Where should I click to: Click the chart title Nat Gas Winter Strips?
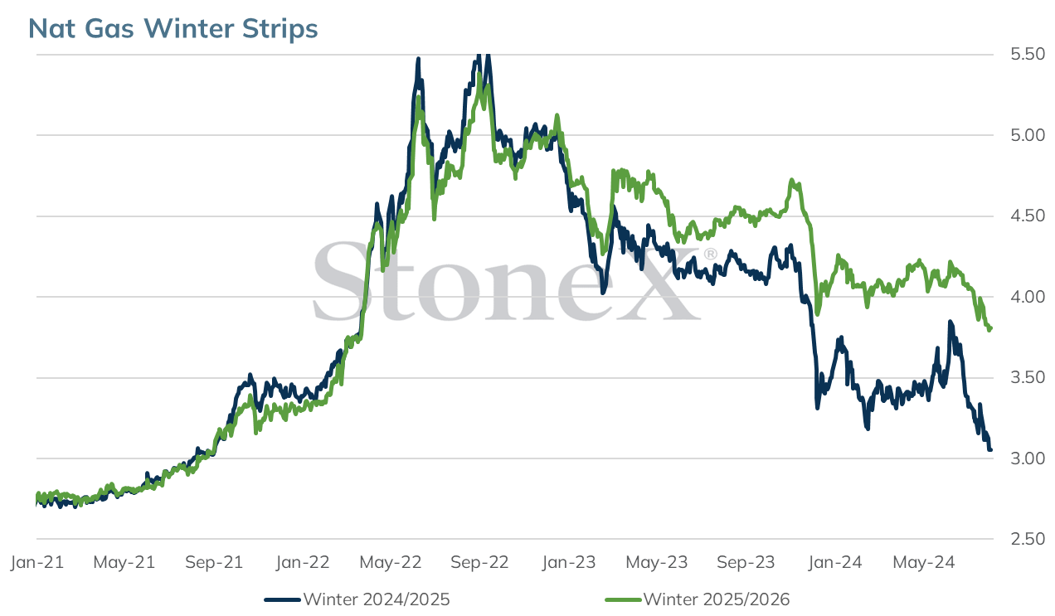173,28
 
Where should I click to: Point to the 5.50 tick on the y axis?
1028,54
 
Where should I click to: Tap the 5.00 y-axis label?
1028,135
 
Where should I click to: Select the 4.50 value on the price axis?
1028,216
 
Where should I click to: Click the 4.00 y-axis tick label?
1028,297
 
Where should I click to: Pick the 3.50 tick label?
1028,377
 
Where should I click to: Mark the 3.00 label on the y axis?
1028,458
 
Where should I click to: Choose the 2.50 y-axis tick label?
1028,539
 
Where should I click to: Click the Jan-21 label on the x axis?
37,562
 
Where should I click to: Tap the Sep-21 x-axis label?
214,562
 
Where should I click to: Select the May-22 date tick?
391,562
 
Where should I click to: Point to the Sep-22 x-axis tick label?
479,562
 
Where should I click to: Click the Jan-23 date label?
569,562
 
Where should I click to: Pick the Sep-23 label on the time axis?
746,562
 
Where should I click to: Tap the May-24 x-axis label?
924,562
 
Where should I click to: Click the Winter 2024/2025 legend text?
377,599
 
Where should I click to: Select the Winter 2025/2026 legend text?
717,599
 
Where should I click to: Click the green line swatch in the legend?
623,600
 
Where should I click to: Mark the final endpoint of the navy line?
990,449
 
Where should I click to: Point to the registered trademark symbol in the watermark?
710,255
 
